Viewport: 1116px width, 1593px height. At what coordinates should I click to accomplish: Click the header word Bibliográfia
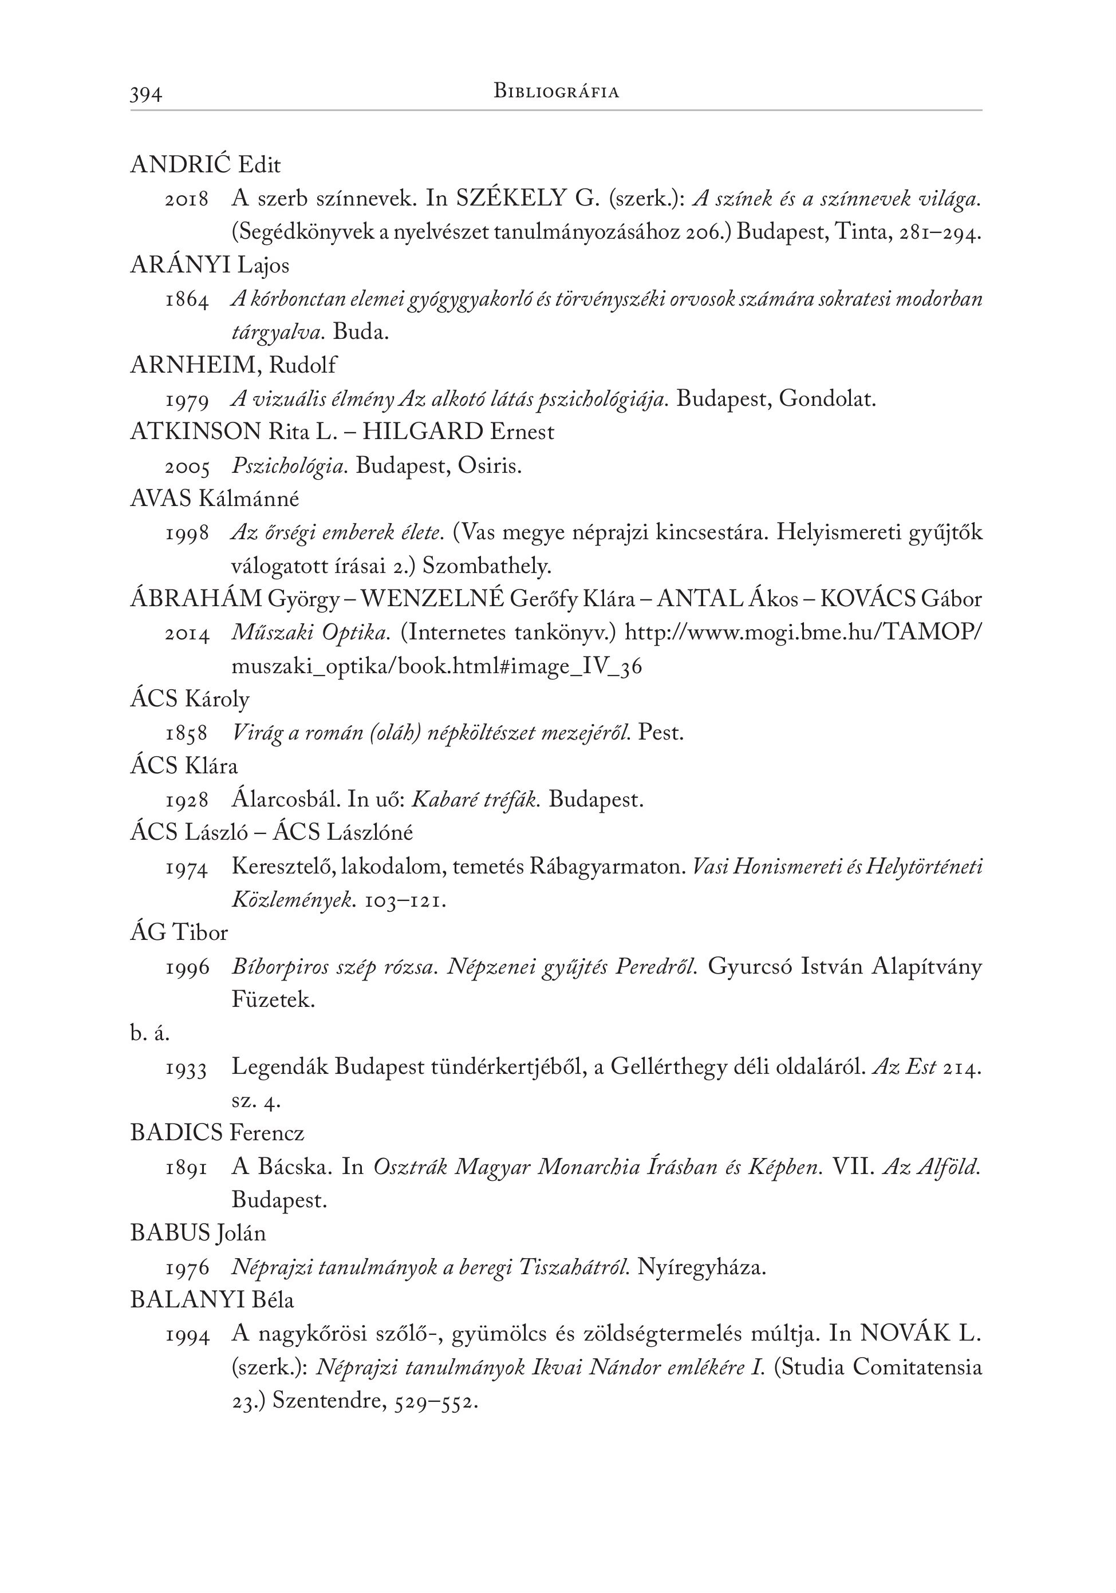tap(556, 91)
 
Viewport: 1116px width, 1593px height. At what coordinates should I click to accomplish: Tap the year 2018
tap(187, 200)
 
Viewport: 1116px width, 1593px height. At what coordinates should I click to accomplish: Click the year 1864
tap(187, 301)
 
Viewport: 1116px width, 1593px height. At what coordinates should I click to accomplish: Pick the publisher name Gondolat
tap(827, 399)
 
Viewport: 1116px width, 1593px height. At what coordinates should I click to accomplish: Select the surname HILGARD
tap(423, 432)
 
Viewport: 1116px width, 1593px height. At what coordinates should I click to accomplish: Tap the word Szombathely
tap(487, 566)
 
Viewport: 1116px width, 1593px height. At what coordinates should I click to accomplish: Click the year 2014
tap(187, 634)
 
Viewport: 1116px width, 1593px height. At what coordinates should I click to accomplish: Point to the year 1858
tap(187, 733)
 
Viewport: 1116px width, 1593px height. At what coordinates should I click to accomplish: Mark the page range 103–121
tap(405, 900)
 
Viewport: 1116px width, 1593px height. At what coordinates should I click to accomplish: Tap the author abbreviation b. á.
tap(150, 1034)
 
